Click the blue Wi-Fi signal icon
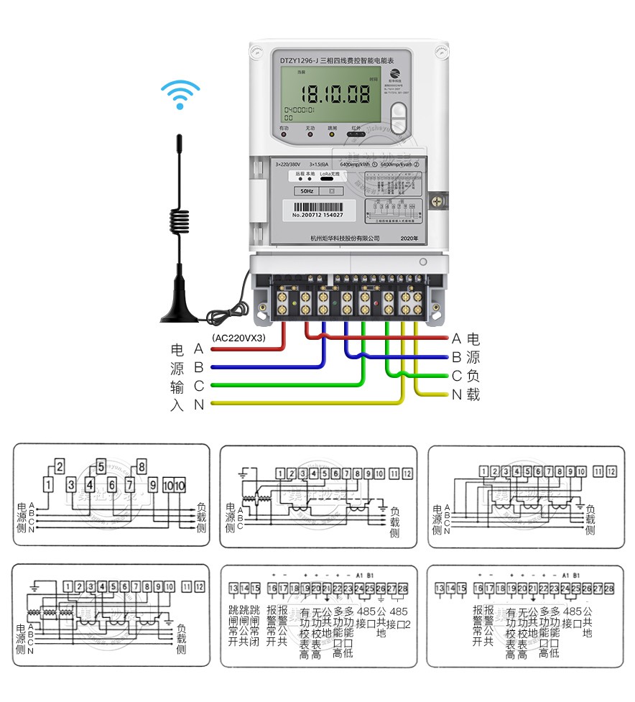click(x=180, y=94)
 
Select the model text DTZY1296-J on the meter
click(x=299, y=60)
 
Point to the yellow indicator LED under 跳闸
click(x=332, y=135)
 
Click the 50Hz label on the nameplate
click(x=307, y=192)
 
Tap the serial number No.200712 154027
click(x=317, y=215)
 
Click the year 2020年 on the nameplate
click(x=409, y=238)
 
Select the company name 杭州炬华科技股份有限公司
click(x=345, y=238)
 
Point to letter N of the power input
click(x=199, y=405)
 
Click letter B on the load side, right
click(x=456, y=357)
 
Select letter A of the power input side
click(x=199, y=349)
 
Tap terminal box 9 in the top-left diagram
click(x=153, y=485)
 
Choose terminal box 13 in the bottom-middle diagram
click(x=233, y=588)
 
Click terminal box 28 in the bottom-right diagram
click(x=609, y=588)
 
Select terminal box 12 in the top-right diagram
click(x=611, y=472)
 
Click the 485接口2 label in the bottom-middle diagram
click(x=399, y=617)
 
